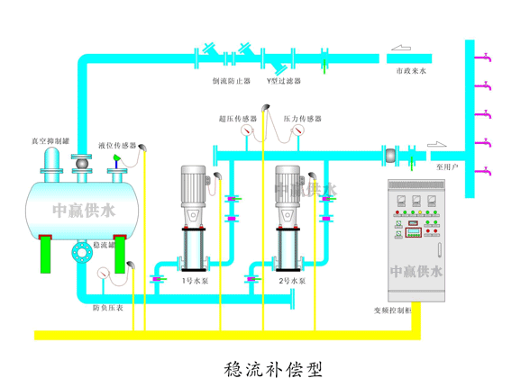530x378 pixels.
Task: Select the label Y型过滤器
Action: pyautogui.click(x=280, y=80)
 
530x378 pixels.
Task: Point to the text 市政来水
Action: pyautogui.click(x=410, y=69)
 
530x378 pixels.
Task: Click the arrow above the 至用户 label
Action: pyautogui.click(x=437, y=142)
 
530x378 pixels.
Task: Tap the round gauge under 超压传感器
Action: pyautogui.click(x=244, y=130)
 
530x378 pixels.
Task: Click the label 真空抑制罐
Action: pyautogui.click(x=48, y=140)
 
